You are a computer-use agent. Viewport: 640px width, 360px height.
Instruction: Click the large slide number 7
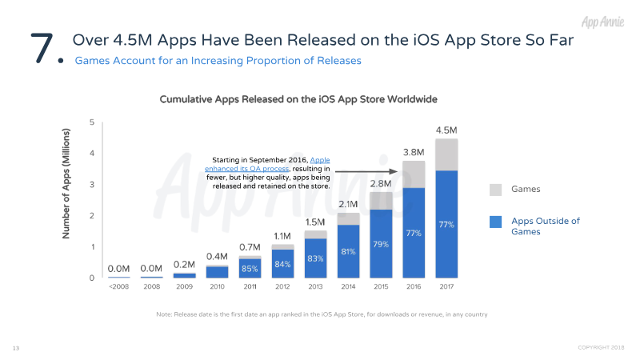pos(43,48)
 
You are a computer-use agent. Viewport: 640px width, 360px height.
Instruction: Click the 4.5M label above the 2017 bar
pos(446,130)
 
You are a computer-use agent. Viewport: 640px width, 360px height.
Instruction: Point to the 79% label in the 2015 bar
pos(380,243)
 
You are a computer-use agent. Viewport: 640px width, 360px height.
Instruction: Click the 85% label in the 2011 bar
pos(250,268)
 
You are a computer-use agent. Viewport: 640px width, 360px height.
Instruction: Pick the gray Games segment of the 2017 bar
pos(446,154)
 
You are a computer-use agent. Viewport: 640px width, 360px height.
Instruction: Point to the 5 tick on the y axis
pos(92,122)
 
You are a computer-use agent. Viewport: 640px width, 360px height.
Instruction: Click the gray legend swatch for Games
pos(495,189)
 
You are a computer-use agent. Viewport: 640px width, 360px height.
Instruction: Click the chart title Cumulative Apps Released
pos(298,100)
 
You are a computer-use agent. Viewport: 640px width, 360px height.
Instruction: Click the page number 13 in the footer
pos(15,349)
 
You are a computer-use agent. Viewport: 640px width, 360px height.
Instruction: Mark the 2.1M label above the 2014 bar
pos(348,205)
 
